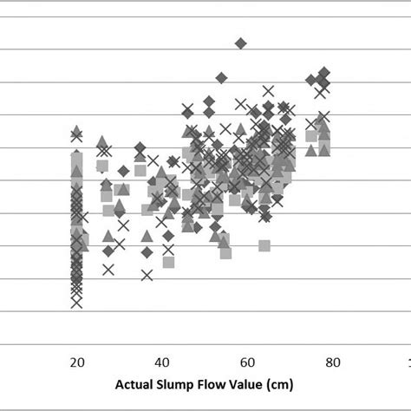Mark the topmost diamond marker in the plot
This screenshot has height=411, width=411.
tap(241, 42)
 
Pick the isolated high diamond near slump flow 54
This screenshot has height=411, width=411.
tap(221, 78)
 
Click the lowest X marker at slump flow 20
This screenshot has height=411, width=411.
tap(76, 302)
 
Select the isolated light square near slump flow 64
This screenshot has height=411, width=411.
tap(264, 245)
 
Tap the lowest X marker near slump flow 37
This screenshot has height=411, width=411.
tap(147, 275)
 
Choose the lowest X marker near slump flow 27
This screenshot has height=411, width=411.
tap(108, 269)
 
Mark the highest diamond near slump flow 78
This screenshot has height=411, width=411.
tap(323, 73)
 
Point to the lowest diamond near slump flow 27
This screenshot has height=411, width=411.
tap(108, 251)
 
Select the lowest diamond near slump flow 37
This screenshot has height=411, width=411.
tap(147, 252)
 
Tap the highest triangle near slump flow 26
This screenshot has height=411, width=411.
tap(101, 140)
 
